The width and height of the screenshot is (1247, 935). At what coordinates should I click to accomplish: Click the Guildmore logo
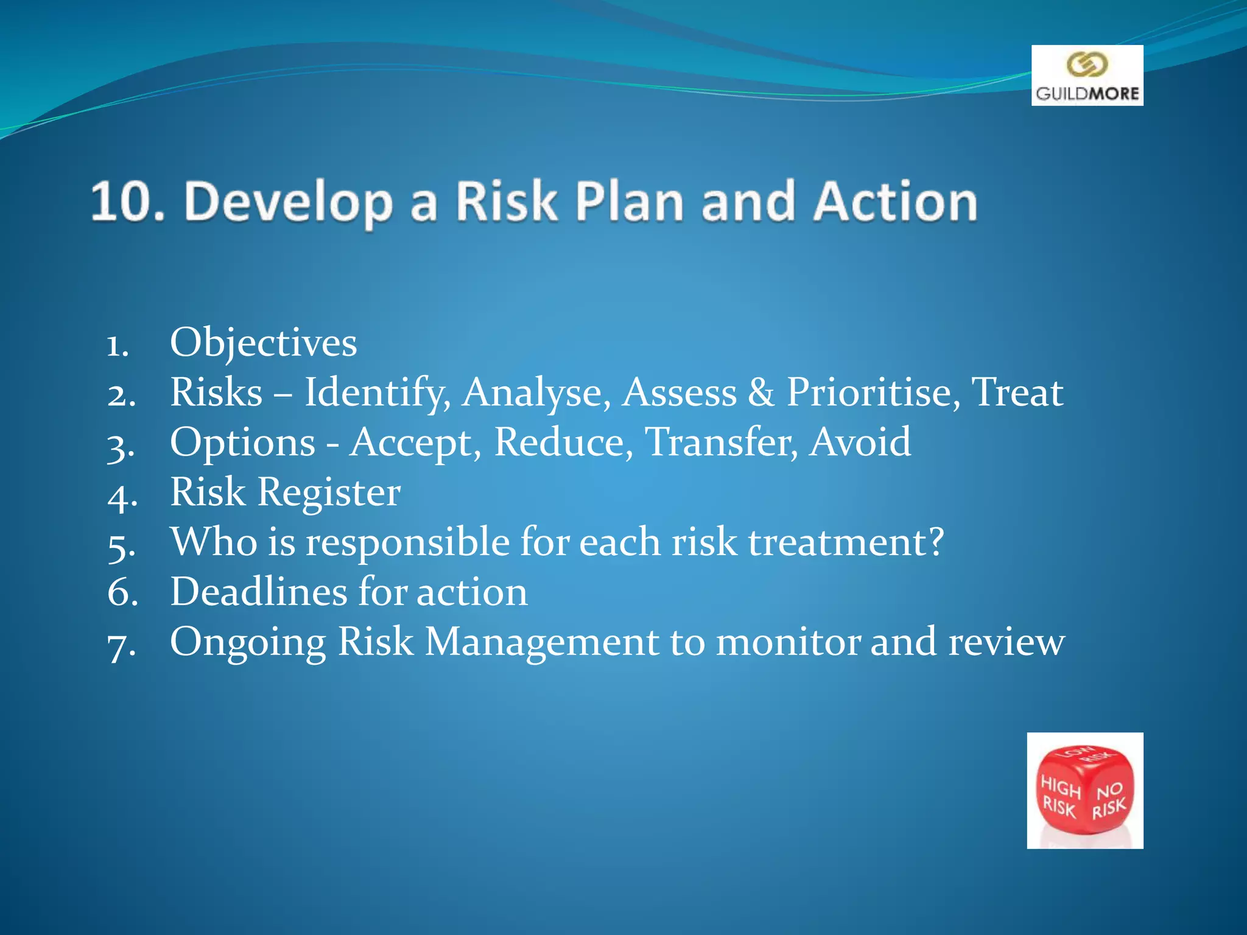(1087, 75)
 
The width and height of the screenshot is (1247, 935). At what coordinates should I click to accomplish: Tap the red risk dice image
(1084, 790)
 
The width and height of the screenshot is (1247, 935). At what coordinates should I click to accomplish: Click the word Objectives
(263, 343)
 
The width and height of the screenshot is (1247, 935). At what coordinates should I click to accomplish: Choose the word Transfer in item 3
(721, 443)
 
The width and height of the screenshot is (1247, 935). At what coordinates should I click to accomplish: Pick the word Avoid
(860, 443)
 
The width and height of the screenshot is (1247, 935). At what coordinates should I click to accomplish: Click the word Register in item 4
(329, 492)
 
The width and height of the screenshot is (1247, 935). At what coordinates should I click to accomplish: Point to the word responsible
(407, 542)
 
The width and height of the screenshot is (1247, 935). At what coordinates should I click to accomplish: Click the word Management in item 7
(541, 642)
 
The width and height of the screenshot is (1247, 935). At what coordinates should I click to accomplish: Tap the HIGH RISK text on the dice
(1060, 797)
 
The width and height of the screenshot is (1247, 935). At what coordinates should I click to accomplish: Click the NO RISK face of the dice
(1109, 800)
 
